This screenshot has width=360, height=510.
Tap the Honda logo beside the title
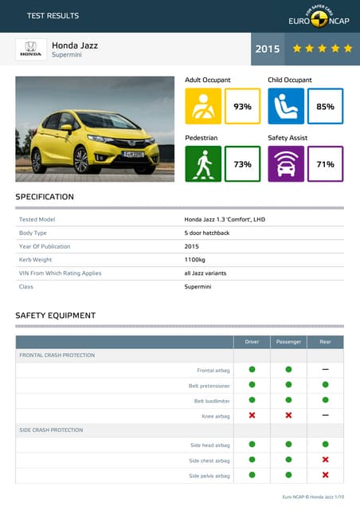(x=31, y=49)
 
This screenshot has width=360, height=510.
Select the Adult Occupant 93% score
(x=242, y=106)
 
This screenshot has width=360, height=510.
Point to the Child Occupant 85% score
(x=325, y=106)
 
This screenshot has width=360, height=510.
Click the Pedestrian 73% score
(x=242, y=164)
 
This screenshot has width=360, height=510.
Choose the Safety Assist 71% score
(x=325, y=164)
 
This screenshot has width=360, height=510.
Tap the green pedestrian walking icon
(x=203, y=164)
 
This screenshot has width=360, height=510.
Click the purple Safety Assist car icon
(x=286, y=164)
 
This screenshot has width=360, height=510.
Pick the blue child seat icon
(x=286, y=106)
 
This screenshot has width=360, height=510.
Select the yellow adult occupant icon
(x=203, y=106)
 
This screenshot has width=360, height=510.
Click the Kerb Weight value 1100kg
(x=195, y=260)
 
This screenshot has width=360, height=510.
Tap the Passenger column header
(x=288, y=342)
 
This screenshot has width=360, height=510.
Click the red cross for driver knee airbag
(x=252, y=415)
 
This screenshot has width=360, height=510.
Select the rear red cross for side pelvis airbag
(x=325, y=475)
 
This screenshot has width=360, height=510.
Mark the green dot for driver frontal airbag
(x=252, y=370)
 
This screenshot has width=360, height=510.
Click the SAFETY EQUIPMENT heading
(x=56, y=316)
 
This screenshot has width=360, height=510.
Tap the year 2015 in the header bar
(x=268, y=49)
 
